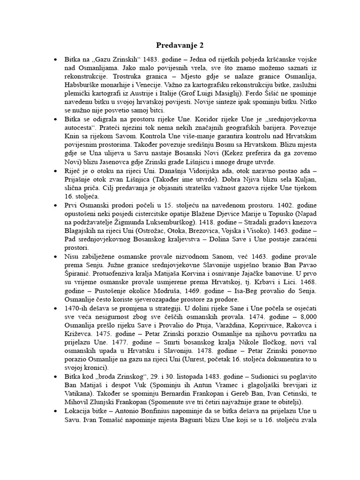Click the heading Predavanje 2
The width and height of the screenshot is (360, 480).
(180, 45)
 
